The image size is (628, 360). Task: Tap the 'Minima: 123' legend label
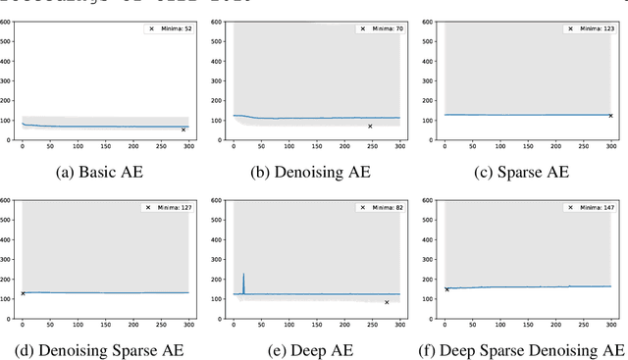[594, 29]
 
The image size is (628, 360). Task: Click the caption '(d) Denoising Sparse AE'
[105, 349]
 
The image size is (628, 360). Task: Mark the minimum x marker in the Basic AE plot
[183, 129]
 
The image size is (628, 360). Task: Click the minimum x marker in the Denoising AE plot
[370, 126]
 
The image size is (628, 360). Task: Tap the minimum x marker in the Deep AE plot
[387, 302]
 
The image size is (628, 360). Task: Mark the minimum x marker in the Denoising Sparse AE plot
[23, 293]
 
